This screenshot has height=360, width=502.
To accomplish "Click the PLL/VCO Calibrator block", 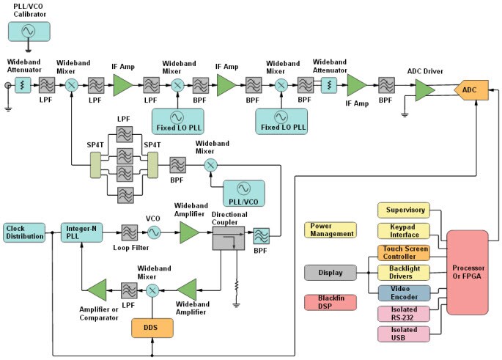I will pyautogui.click(x=29, y=31).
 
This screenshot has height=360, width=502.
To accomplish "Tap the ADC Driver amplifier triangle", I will pyautogui.click(x=424, y=90).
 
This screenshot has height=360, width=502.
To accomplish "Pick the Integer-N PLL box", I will pyautogui.click(x=81, y=232).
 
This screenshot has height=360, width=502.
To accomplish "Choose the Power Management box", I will pyautogui.click(x=331, y=230).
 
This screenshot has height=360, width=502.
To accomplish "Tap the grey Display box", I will pyautogui.click(x=331, y=273).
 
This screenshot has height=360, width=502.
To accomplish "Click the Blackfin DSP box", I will pyautogui.click(x=331, y=303).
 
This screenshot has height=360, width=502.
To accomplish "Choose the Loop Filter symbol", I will pyautogui.click(x=130, y=232).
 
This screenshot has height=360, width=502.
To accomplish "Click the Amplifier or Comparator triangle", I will pyautogui.click(x=96, y=290).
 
